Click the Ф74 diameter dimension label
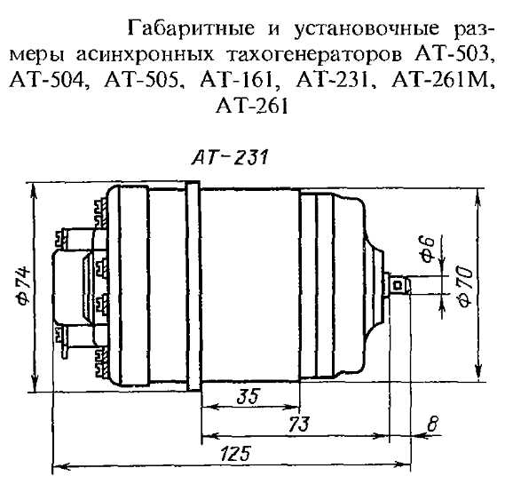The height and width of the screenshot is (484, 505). point(23,285)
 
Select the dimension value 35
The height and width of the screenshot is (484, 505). point(248,397)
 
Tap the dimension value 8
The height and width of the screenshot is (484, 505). point(432,424)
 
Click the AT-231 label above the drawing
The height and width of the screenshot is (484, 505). point(230,158)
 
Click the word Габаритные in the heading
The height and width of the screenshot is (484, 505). point(192,28)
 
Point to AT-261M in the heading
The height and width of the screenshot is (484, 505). point(440,80)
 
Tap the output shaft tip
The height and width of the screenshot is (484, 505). point(408,285)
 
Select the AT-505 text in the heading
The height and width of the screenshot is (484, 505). point(141,81)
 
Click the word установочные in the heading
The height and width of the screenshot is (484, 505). point(366,29)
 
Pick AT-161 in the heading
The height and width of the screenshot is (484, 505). point(236,80)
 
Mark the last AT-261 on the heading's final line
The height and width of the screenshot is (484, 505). point(251,106)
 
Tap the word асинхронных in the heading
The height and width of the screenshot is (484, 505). point(145,55)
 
